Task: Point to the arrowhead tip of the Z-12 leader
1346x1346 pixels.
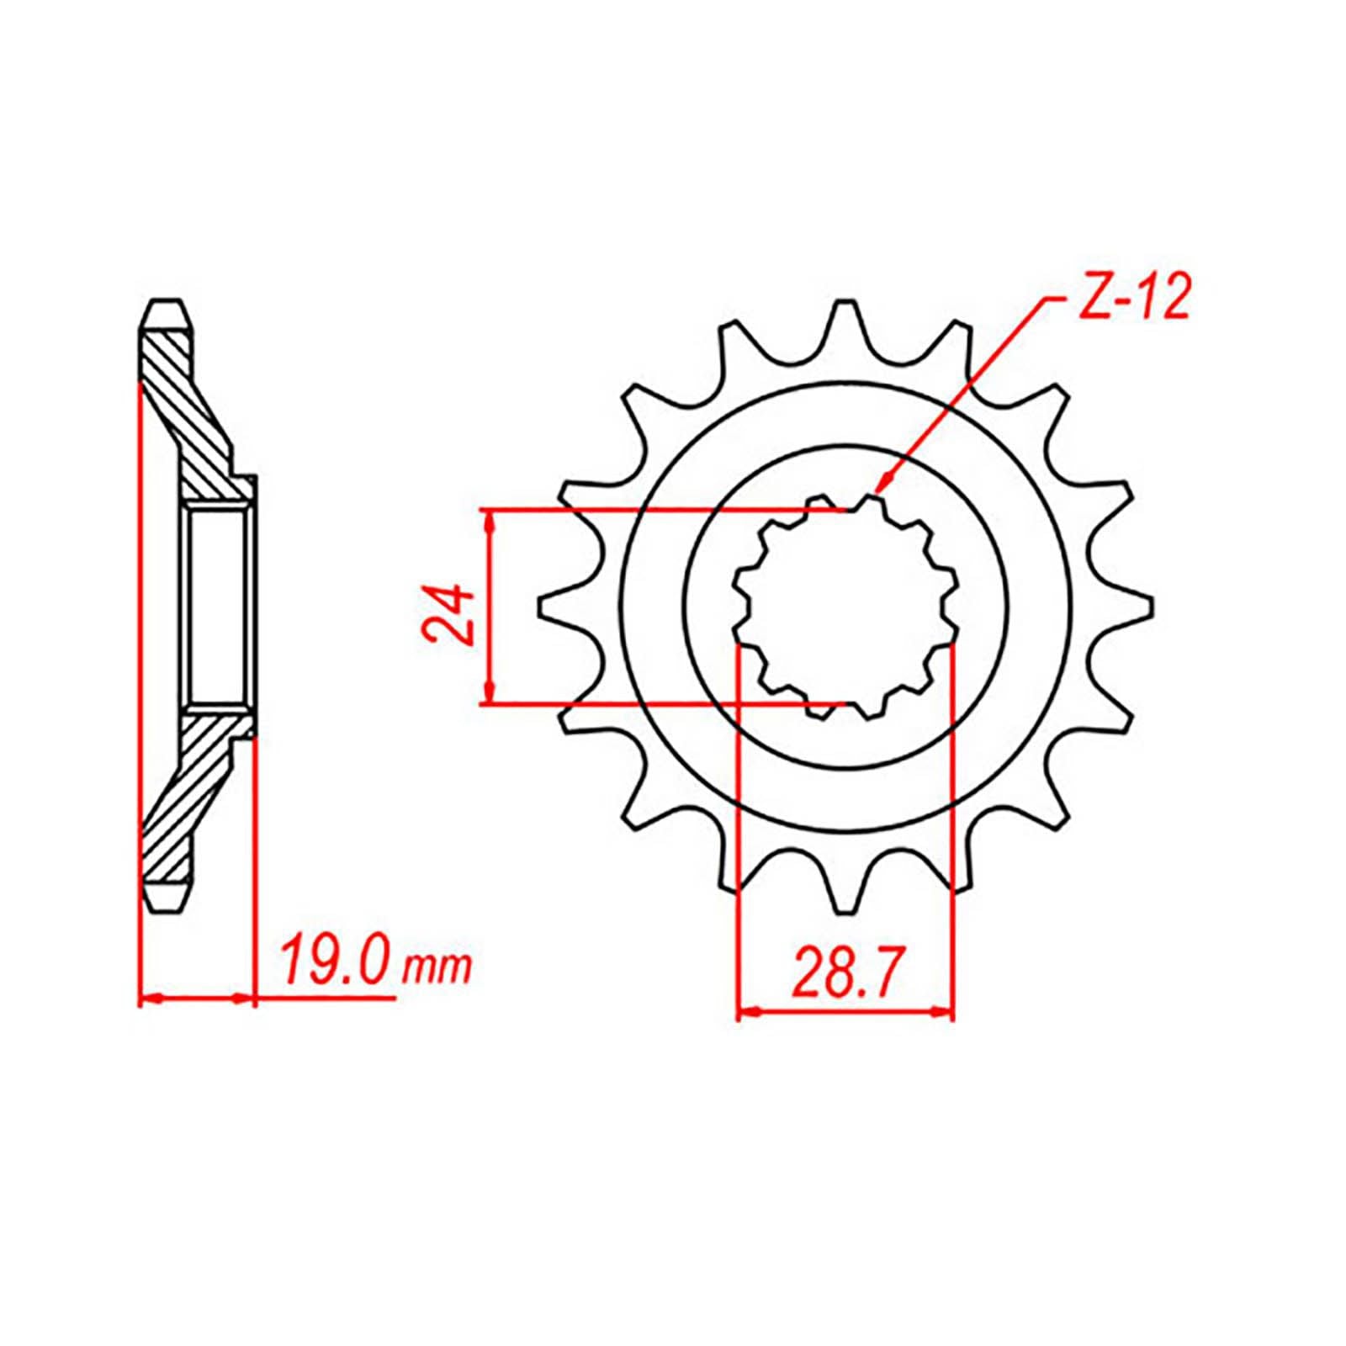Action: [x=877, y=491]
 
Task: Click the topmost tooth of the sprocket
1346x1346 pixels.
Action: [x=845, y=315]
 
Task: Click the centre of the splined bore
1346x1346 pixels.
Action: [x=846, y=607]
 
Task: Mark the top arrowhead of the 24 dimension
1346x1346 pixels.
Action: [x=489, y=516]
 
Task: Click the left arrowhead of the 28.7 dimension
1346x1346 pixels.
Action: [x=745, y=1012]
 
